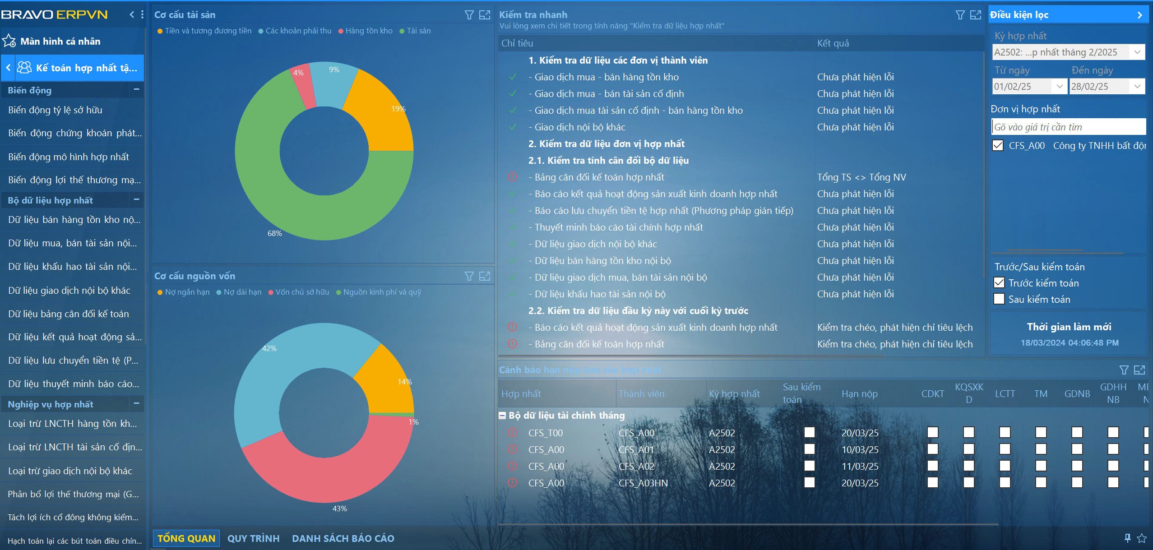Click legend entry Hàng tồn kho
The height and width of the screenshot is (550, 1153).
369,31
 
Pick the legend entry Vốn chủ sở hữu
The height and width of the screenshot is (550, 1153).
302,292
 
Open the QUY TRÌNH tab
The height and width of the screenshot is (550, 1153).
253,538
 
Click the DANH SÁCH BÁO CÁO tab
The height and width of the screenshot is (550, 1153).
343,538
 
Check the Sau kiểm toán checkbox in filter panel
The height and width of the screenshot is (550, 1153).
999,299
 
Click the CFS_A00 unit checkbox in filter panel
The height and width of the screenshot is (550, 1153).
998,145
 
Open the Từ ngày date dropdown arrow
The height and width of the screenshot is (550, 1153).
1059,86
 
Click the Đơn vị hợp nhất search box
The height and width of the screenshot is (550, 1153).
1068,127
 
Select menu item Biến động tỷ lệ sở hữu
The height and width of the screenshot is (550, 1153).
55,110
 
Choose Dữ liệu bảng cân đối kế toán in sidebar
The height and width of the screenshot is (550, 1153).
69,314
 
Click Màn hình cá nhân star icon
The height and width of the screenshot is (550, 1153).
9,41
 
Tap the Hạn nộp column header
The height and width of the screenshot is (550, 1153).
859,393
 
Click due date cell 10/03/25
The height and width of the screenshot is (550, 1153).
860,449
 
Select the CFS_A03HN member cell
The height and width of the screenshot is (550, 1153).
643,483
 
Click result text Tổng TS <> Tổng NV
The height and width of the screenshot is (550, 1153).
861,177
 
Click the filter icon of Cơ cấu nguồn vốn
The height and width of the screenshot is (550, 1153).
469,276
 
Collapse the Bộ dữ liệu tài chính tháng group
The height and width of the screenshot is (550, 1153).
502,416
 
